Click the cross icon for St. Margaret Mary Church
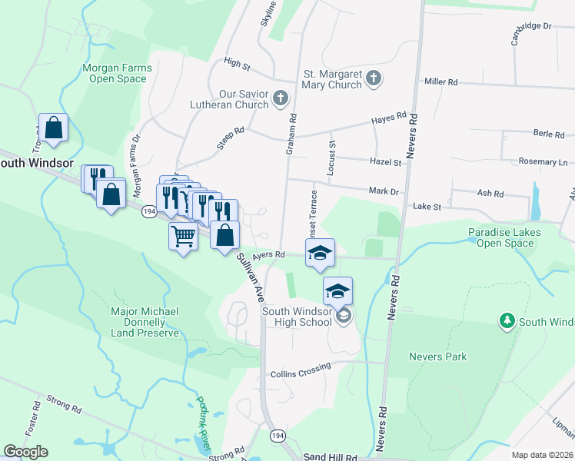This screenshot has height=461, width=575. (374, 78)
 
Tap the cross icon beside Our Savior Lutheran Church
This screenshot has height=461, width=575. (281, 98)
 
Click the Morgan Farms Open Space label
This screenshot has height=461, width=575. (117, 73)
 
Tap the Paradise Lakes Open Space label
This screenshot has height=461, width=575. (504, 237)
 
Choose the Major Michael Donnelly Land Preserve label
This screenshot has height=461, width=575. (145, 322)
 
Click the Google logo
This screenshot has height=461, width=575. (25, 452)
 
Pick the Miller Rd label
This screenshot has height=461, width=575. (440, 81)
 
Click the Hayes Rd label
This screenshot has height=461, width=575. (388, 118)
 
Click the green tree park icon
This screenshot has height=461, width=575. (507, 319)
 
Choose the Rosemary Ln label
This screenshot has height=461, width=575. (542, 162)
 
